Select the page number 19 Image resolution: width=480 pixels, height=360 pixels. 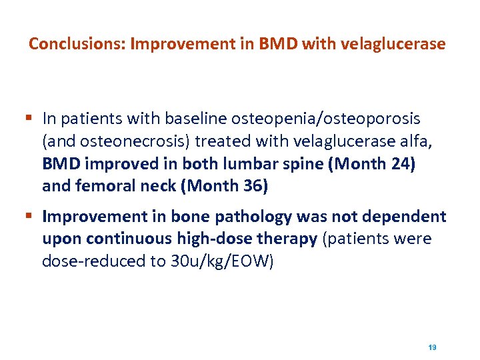pyautogui.click(x=432, y=347)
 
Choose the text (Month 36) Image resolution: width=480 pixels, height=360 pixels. pyautogui.click(x=224, y=187)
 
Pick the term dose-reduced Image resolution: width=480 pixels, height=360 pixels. pyautogui.click(x=83, y=261)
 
